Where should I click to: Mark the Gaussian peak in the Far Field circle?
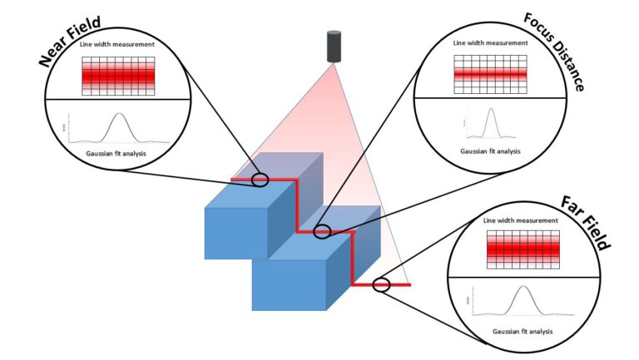tap(523, 289)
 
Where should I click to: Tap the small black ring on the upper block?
tap(260, 180)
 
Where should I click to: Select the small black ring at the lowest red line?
tap(381, 284)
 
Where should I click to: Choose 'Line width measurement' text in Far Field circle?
tap(521, 221)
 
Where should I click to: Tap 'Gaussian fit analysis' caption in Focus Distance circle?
tap(490, 151)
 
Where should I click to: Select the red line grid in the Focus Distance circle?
tap(490, 74)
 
